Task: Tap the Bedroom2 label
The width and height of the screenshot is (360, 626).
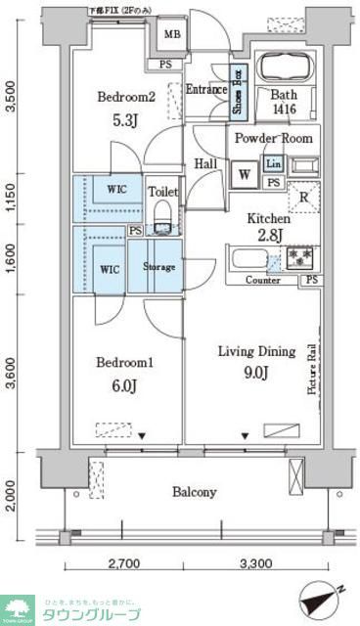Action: pyautogui.click(x=125, y=98)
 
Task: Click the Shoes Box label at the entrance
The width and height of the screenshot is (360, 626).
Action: pyautogui.click(x=236, y=91)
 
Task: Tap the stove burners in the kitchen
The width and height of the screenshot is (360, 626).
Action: pyautogui.click(x=298, y=258)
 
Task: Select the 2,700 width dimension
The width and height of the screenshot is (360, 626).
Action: pyautogui.click(x=123, y=564)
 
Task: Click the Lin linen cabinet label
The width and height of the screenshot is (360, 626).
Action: pyautogui.click(x=273, y=164)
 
